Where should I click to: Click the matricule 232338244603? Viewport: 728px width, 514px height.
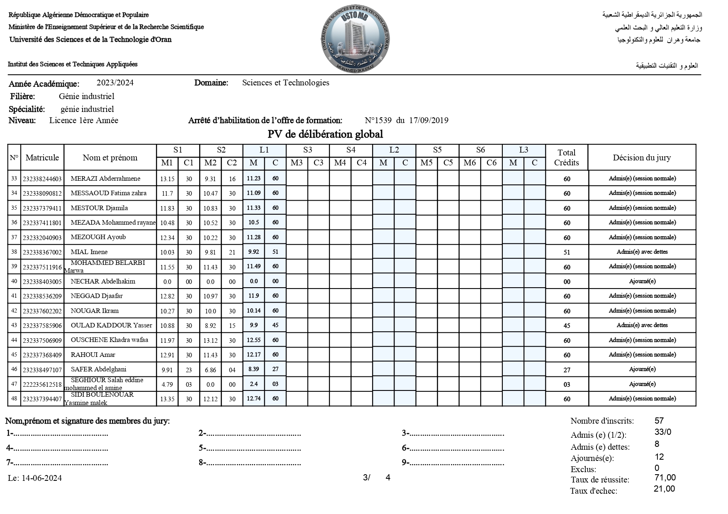coord(42,179)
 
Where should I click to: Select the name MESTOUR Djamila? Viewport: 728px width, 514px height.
coord(99,208)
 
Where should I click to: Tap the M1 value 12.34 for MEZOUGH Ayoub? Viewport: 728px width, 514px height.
coord(167,238)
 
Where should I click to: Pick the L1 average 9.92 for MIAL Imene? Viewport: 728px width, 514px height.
coord(253,252)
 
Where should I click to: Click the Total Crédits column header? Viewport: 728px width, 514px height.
coord(566,158)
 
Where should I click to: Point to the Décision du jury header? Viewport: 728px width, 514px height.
coord(641,158)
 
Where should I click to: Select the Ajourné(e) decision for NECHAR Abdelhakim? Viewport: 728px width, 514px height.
coord(642,281)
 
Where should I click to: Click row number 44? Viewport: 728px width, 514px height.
coord(14,340)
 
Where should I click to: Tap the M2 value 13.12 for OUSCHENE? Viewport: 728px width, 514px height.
coord(210,341)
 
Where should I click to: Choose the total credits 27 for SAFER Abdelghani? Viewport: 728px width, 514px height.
coord(567,370)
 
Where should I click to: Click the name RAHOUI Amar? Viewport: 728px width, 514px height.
coord(93,355)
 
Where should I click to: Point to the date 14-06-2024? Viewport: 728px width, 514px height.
coord(41,478)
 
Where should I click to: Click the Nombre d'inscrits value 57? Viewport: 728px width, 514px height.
coord(659,421)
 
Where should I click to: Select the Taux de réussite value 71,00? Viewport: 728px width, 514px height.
coord(665,478)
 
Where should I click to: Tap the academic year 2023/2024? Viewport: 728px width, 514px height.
coord(115,83)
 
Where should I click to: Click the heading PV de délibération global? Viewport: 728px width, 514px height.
coord(325,134)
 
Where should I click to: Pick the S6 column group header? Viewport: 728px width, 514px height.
coord(480,150)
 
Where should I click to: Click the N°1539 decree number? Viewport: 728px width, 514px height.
coord(378,121)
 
